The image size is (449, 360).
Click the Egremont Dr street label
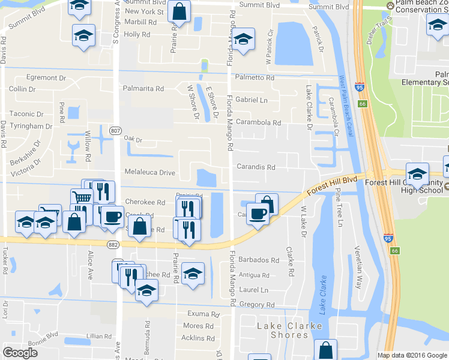[46, 78]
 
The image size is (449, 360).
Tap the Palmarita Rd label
[143, 89]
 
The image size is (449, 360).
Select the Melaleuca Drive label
[149, 172]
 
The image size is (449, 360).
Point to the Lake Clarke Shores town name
[289, 331]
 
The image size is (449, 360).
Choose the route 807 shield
[116, 130]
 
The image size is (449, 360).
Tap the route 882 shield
[113, 244]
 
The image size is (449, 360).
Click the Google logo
[20, 353]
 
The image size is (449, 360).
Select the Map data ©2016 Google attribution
[412, 355]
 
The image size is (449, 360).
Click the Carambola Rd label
[258, 122]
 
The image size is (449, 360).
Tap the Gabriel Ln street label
[252, 100]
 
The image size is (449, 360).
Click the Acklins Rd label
[193, 338]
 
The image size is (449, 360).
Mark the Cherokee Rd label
[145, 202]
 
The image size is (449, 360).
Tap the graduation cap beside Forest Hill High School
[417, 175]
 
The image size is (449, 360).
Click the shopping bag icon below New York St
[179, 11]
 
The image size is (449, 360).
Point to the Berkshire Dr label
[23, 154]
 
